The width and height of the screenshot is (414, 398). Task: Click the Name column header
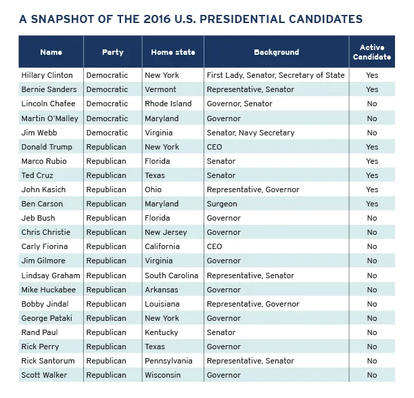pos(51,52)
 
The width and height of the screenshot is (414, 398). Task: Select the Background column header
pos(276,52)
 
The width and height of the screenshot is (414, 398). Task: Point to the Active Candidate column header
pos(371,52)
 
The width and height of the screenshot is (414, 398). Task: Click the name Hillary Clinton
pos(47,75)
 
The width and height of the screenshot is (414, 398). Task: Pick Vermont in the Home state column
pos(160,89)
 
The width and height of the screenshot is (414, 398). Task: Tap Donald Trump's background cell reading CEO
pos(214,147)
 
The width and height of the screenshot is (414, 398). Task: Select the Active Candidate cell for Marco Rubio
pos(371,161)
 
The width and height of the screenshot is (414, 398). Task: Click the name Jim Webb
pos(39,133)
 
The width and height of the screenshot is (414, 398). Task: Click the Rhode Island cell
pos(168,104)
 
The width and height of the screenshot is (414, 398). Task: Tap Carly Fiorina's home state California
pos(163,247)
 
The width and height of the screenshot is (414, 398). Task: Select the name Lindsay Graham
pos(51,275)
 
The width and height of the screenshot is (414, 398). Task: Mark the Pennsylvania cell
pos(168,361)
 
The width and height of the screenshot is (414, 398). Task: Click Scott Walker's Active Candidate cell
pos(371,375)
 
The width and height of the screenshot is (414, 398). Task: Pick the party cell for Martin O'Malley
pos(107,118)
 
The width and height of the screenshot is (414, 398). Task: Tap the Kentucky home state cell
pos(162,332)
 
